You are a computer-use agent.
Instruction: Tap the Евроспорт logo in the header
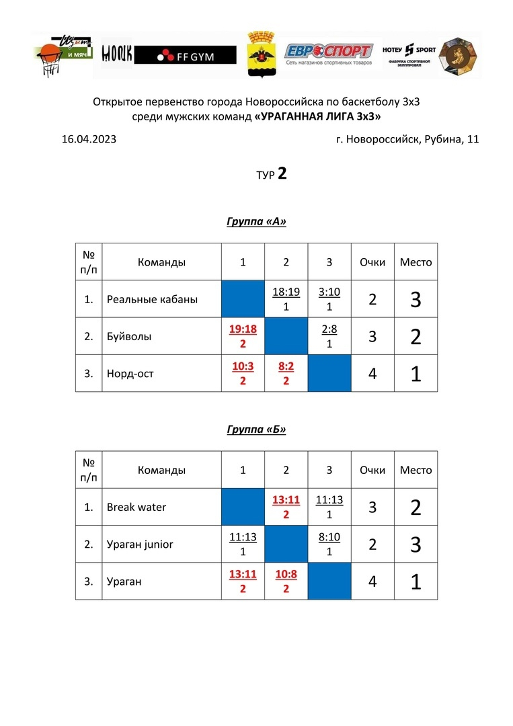point(328,52)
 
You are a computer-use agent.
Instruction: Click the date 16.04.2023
point(89,140)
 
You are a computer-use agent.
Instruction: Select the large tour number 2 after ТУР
point(282,174)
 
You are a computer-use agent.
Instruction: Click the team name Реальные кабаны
point(152,299)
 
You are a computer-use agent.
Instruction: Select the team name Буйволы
point(128,336)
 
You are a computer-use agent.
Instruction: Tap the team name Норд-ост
point(130,373)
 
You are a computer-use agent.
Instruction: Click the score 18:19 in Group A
point(286,292)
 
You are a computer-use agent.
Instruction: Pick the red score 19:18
point(243,329)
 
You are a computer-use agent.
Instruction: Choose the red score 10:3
point(243,366)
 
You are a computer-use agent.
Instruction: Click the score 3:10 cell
point(329,292)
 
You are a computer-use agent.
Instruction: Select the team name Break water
point(136,507)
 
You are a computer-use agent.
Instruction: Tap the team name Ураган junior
point(140,544)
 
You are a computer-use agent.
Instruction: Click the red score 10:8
point(286,574)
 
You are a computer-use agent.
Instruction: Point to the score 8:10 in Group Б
point(329,537)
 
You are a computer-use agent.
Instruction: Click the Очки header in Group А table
point(372,262)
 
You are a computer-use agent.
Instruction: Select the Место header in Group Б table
point(416,470)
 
